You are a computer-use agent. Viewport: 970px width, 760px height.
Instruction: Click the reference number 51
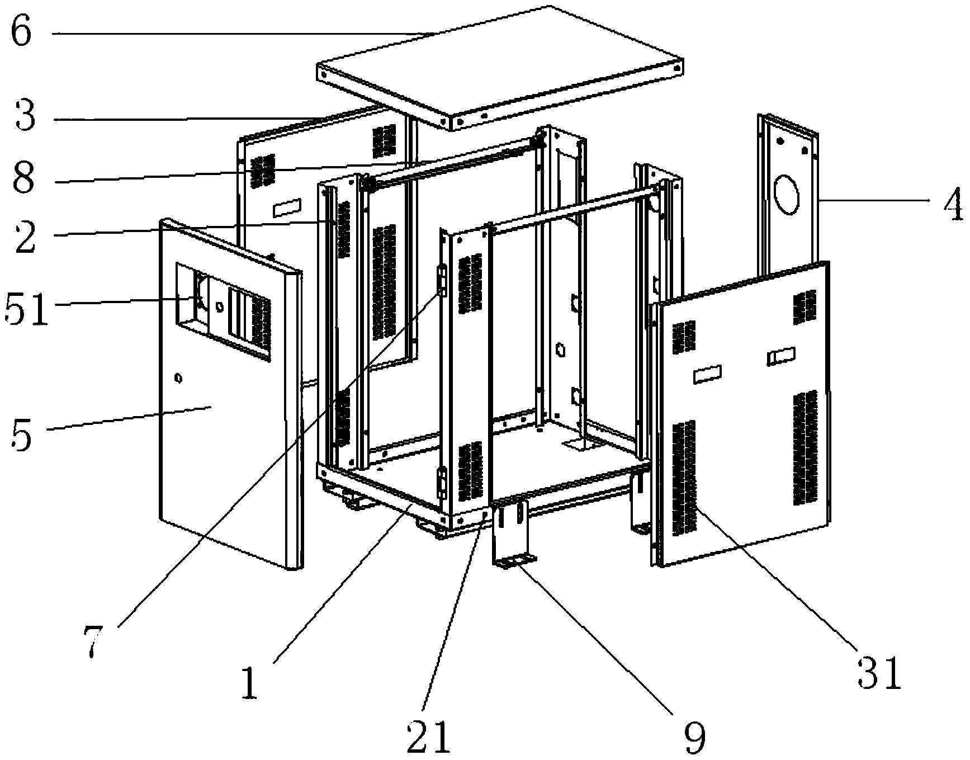[x=26, y=309]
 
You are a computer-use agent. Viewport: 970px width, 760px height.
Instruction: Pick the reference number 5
[x=21, y=432]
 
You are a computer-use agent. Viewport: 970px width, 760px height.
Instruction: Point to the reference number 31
[x=879, y=673]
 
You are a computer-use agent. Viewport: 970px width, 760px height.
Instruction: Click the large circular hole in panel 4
[x=789, y=194]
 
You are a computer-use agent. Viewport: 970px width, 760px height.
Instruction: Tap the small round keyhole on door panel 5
[x=178, y=379]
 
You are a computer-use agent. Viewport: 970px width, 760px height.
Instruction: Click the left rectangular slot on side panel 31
[x=707, y=374]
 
